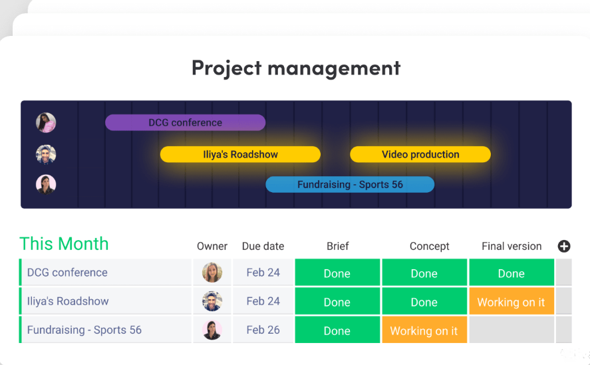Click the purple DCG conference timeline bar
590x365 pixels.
(x=185, y=123)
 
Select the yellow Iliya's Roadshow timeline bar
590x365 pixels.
(x=240, y=154)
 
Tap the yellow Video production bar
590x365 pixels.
(x=420, y=154)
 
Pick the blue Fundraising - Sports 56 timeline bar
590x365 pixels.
(x=350, y=184)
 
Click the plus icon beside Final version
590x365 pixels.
(x=563, y=246)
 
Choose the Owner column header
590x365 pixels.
(x=212, y=246)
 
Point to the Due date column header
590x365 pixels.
(x=263, y=246)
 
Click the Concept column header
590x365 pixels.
(x=429, y=246)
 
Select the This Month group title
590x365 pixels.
(x=64, y=244)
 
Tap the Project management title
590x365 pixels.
(x=296, y=68)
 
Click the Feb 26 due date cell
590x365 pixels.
(x=263, y=330)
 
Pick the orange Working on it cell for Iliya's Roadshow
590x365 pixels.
(x=512, y=302)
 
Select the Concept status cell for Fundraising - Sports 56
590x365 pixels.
(x=424, y=330)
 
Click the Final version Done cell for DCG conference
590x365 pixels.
(x=512, y=273)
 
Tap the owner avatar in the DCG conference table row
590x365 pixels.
(x=212, y=273)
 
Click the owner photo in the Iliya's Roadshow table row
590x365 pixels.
(x=212, y=301)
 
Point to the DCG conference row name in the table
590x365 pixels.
(x=67, y=273)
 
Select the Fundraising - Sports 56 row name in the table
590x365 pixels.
(x=84, y=330)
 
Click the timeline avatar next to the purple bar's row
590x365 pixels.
(x=46, y=123)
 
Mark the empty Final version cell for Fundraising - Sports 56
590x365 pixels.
(x=512, y=330)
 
